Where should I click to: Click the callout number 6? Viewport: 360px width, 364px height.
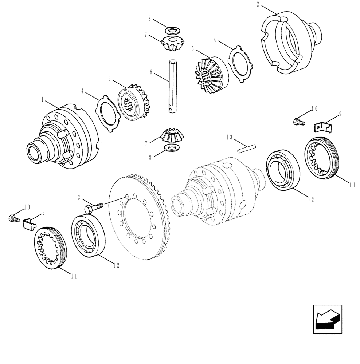[x=150, y=72]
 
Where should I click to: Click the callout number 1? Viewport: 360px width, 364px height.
[x=43, y=99]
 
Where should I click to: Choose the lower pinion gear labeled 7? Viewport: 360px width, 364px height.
[x=172, y=136]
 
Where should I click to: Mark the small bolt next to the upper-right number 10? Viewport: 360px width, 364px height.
[x=298, y=121]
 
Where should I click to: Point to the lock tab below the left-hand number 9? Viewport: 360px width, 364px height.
[x=30, y=223]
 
